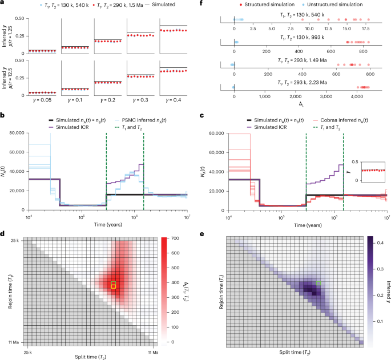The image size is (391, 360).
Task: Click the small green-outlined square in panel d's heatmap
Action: [x=114, y=285]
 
